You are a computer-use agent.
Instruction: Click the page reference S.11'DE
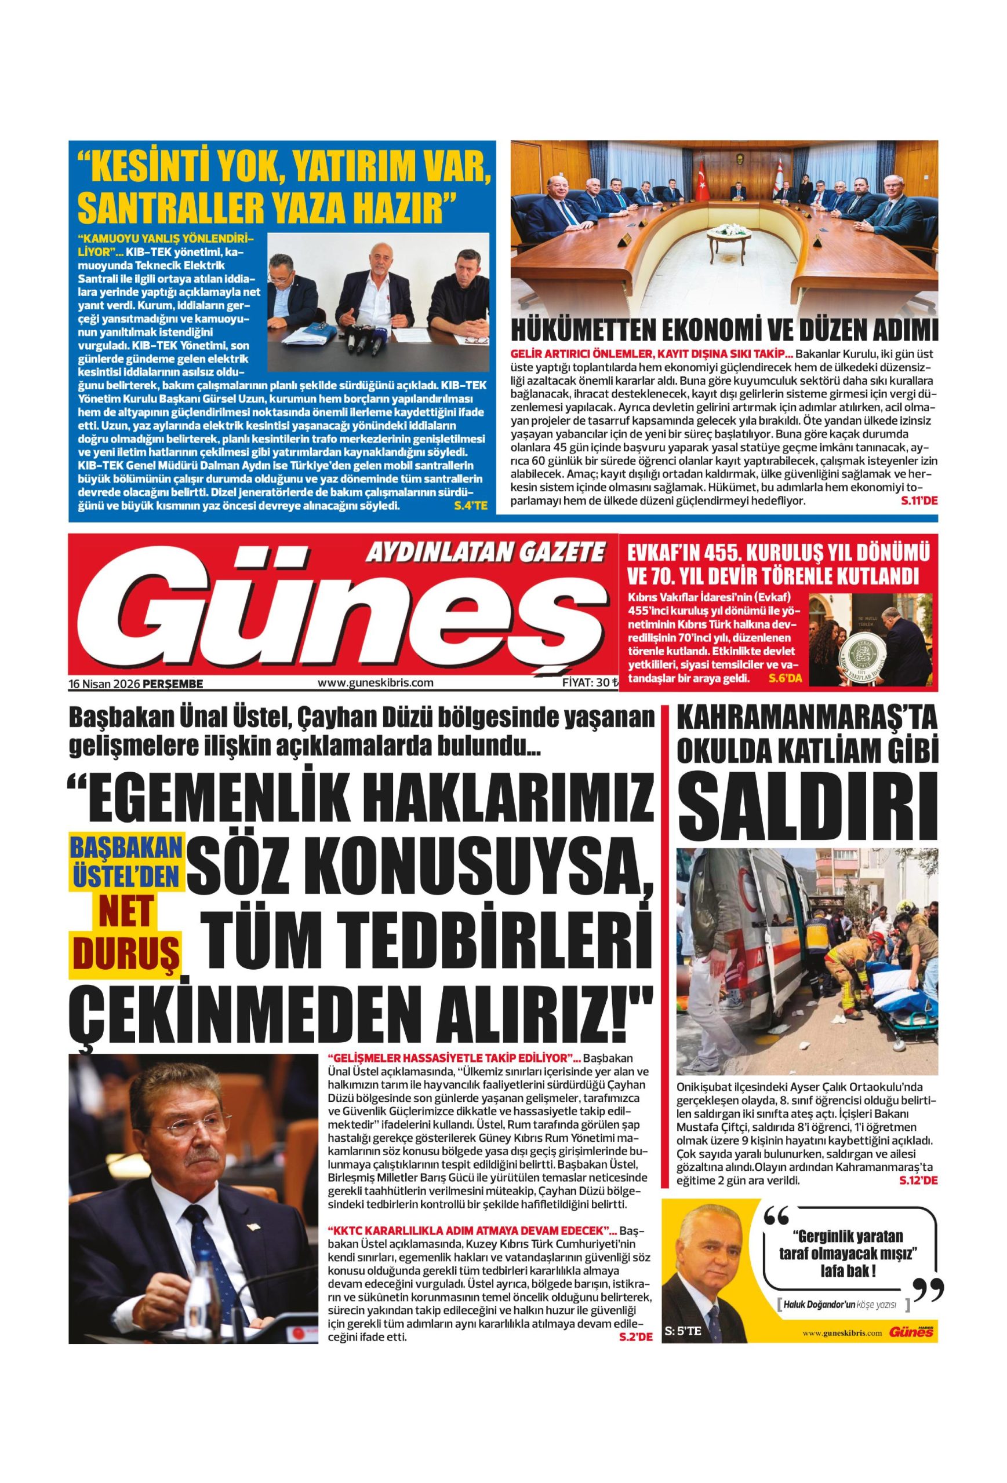pyautogui.click(x=918, y=501)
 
